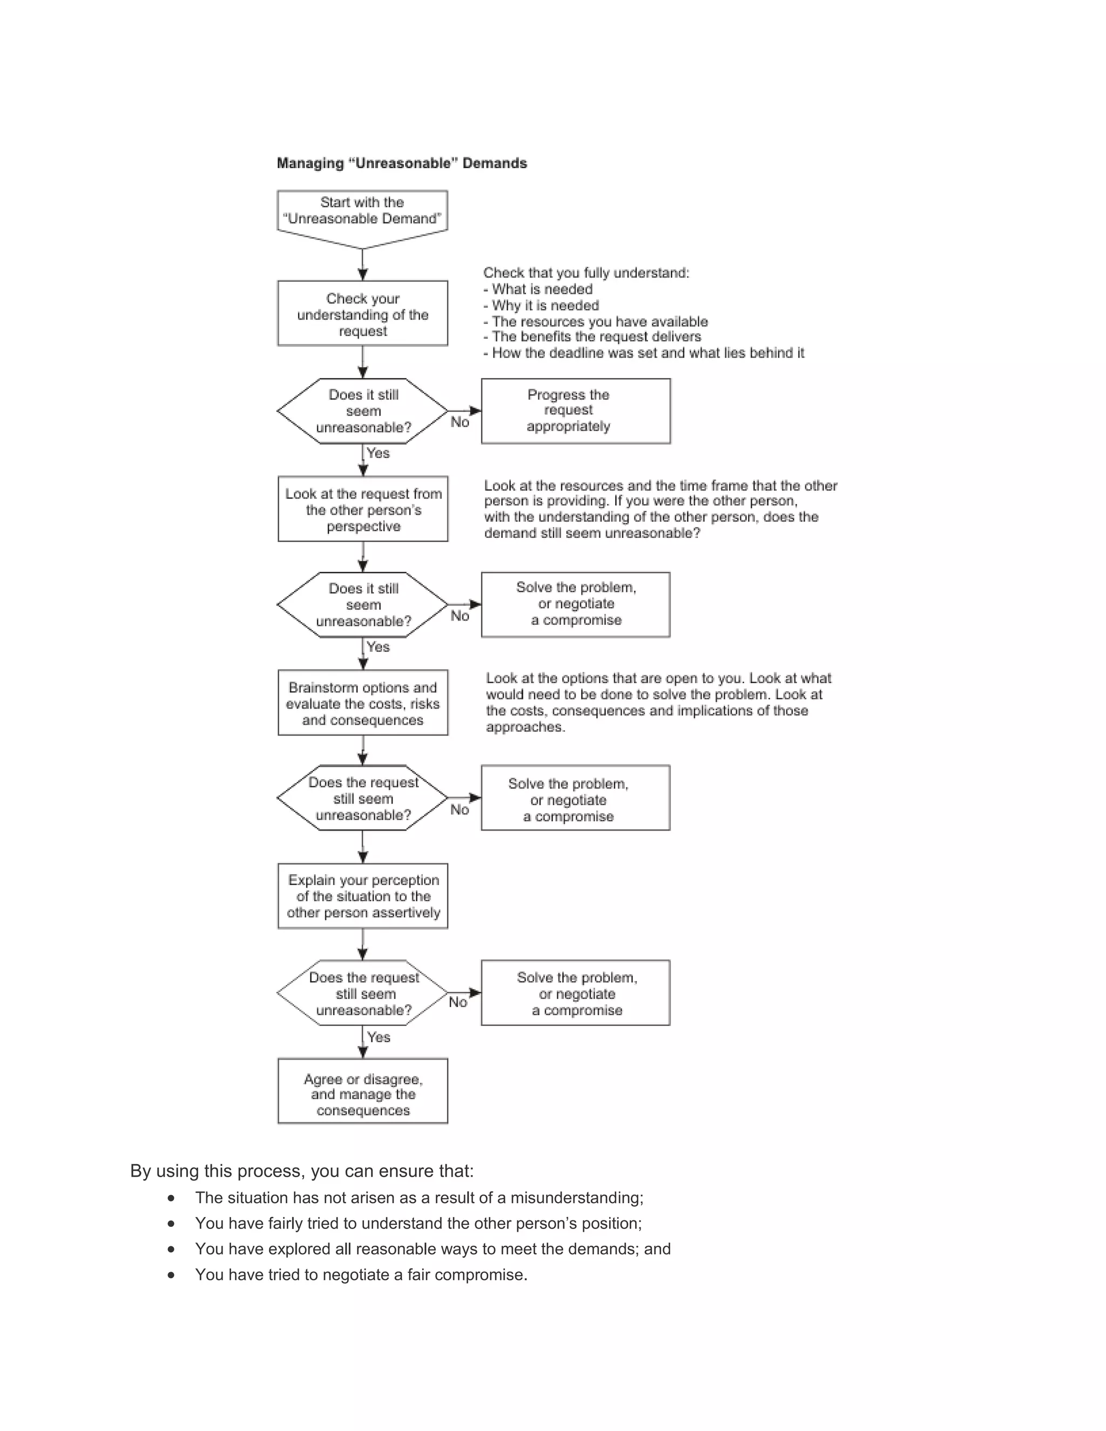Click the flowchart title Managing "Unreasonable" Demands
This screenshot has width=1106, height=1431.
[402, 163]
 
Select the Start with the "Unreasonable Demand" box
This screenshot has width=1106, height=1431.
[362, 211]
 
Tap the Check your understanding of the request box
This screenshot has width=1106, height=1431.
[362, 314]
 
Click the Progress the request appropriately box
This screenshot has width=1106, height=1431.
[575, 411]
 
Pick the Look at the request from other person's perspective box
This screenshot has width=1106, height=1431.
[363, 510]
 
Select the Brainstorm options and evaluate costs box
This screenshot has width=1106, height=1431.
[363, 703]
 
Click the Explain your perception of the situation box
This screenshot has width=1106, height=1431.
[363, 896]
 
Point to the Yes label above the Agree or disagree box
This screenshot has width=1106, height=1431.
[379, 1037]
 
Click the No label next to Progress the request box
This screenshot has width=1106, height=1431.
[460, 423]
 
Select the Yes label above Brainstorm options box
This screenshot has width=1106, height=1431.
[378, 647]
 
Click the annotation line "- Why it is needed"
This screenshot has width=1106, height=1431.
[541, 305]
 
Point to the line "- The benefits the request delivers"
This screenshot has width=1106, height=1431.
[592, 337]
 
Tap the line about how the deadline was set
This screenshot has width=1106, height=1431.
[643, 353]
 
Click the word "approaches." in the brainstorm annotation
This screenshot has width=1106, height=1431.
[525, 727]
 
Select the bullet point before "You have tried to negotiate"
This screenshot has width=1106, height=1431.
[171, 1275]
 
